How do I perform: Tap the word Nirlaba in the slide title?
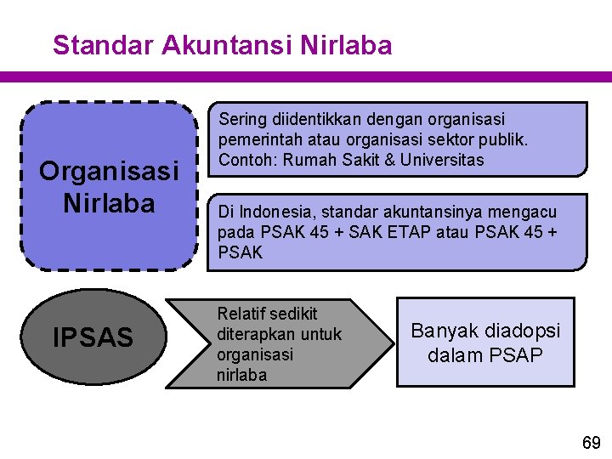[347, 45]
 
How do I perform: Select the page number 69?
[591, 442]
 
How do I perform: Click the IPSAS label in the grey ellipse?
[93, 338]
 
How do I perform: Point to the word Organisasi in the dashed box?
[109, 172]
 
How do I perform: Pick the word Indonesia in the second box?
[278, 212]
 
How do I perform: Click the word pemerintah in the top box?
[258, 139]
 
